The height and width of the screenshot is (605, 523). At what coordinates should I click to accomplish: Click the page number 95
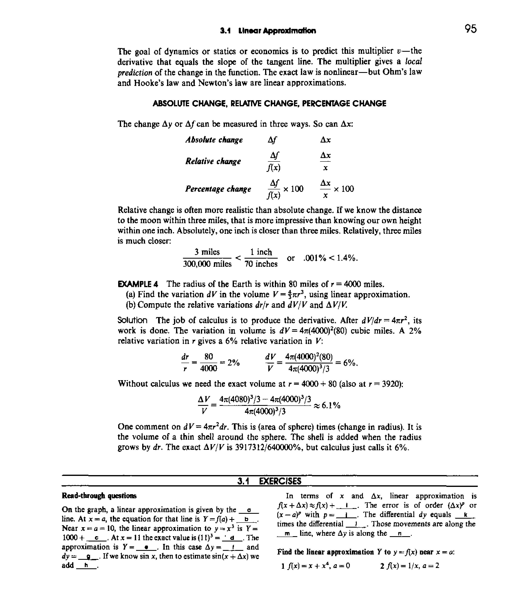[x=471, y=29]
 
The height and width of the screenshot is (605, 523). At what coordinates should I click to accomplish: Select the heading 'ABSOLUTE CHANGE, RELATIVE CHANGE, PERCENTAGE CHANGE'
[x=269, y=103]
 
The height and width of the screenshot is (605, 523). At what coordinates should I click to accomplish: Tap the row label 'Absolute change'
[x=214, y=140]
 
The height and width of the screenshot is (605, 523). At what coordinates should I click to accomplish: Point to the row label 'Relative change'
[x=213, y=161]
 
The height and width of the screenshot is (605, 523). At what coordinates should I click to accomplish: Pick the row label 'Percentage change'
[x=218, y=189]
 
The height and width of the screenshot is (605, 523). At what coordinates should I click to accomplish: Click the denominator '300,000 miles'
[x=207, y=264]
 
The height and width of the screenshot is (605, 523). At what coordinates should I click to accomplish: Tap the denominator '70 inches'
[x=261, y=264]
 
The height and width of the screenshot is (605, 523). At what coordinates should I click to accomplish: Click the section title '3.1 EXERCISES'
[x=269, y=481]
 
